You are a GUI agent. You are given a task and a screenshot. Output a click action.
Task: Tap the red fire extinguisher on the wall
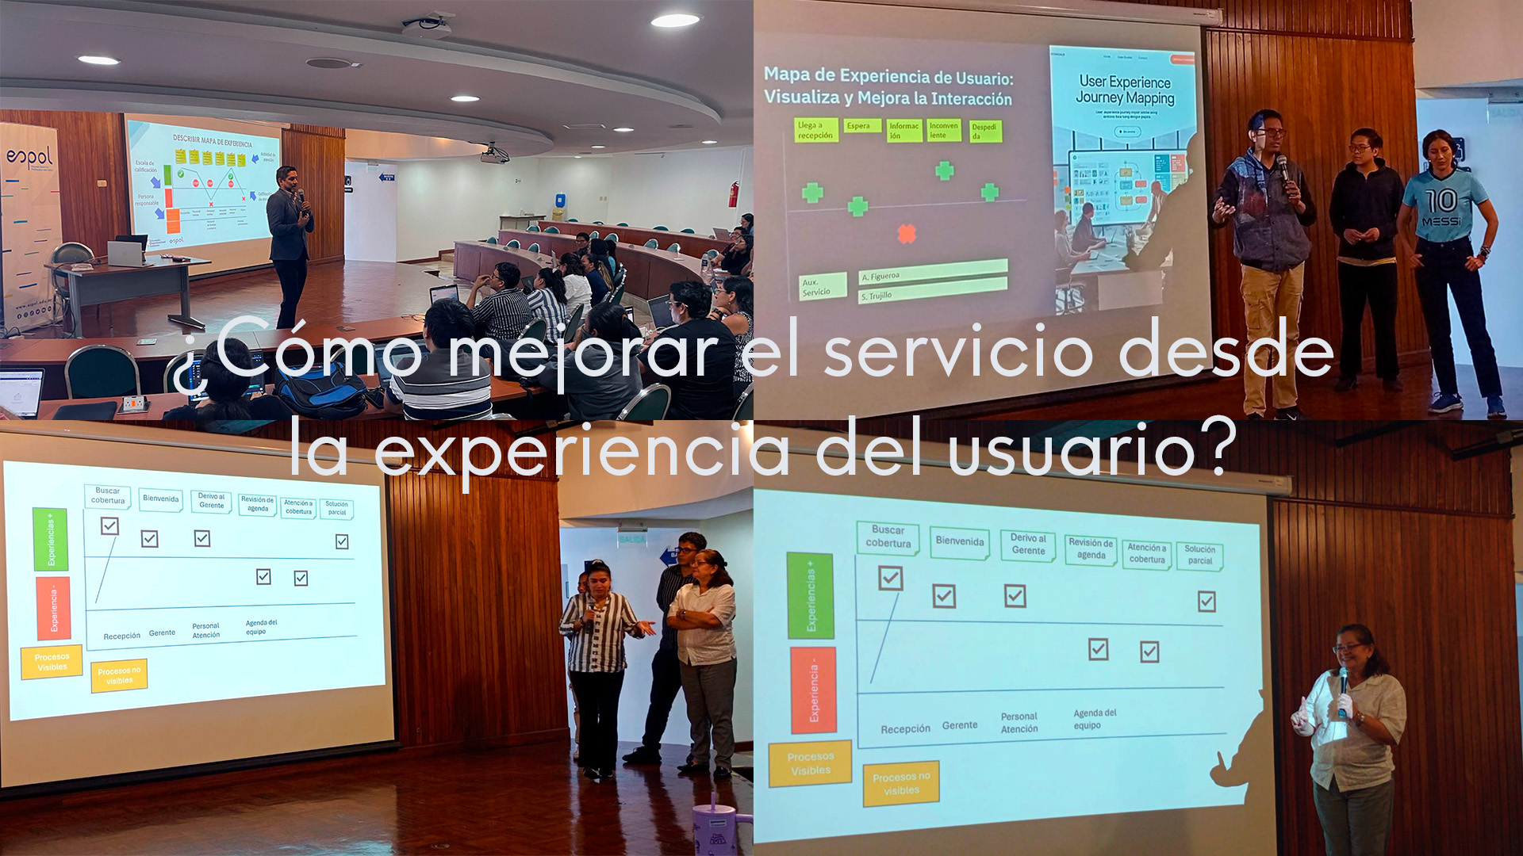coord(733,194)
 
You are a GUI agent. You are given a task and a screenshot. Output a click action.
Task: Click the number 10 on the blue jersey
coord(1441,201)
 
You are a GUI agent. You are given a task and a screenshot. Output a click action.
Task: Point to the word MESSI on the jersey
coord(1441,221)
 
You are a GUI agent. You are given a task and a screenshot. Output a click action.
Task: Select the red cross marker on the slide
coord(906,233)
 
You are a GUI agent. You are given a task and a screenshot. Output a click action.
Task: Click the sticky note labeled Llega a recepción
coord(815,130)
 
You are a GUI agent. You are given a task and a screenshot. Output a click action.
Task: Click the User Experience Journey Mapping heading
coord(1124,90)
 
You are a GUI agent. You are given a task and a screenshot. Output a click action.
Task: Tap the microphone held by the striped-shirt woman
coord(591,609)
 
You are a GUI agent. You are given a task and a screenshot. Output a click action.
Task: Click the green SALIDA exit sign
coord(632,539)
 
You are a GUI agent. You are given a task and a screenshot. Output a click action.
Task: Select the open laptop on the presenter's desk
coord(125,253)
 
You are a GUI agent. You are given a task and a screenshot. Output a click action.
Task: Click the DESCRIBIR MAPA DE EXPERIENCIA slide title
coord(212,141)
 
